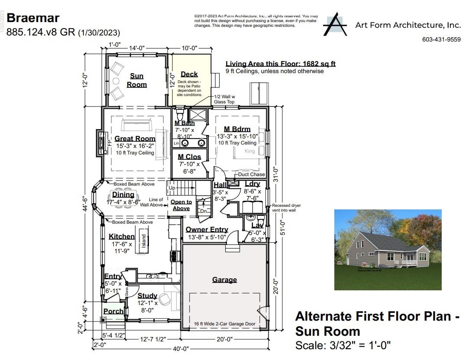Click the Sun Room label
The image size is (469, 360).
coord(136,80)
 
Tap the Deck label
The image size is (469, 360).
coord(189,74)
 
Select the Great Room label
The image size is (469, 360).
coord(135,139)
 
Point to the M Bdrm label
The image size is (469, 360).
coord(237,129)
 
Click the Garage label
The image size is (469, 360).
coord(224,280)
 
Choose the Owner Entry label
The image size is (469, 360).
coord(207,229)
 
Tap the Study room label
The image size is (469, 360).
coord(147,296)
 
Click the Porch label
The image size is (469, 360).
coord(113,311)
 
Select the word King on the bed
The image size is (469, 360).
coord(250,151)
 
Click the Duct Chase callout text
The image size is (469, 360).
coord(251,174)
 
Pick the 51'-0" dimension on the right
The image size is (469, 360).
coord(282,227)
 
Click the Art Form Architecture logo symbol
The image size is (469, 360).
coord(335,25)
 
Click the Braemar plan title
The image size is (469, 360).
coord(33,18)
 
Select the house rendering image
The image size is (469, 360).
coord(388,250)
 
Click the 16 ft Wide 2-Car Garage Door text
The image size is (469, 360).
coord(224,324)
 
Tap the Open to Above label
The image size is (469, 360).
coord(181,205)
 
